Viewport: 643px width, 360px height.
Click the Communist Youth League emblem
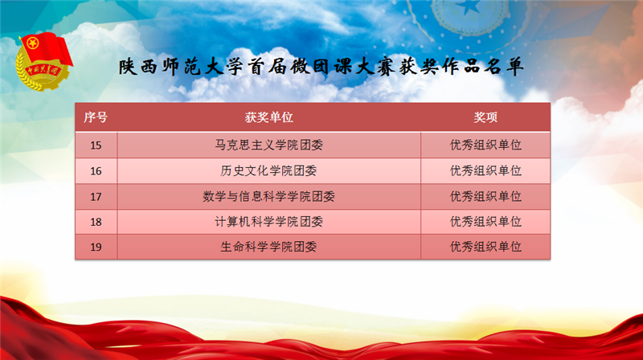(44, 62)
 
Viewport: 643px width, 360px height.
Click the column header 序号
(96, 117)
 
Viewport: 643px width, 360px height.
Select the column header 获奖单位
(269, 117)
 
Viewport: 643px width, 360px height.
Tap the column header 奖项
(485, 117)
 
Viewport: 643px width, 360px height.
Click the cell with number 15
(96, 145)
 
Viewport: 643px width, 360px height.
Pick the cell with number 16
(96, 171)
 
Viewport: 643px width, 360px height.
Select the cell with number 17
(96, 197)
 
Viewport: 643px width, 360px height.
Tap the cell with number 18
(96, 222)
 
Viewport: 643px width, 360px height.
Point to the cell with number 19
(96, 247)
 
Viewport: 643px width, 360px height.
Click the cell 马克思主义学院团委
(269, 145)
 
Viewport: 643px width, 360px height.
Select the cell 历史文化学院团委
(269, 171)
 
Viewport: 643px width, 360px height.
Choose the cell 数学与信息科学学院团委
(269, 197)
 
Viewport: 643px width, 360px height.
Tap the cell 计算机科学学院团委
(269, 222)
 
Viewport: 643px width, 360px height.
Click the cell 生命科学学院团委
(269, 247)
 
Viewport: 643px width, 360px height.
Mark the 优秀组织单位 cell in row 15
(485, 145)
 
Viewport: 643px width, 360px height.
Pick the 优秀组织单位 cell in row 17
(485, 197)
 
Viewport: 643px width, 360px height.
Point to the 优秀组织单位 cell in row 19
(485, 247)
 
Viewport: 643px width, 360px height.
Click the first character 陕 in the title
(128, 67)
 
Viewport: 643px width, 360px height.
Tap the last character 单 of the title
(514, 67)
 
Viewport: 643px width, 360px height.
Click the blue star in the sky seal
(468, 6)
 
